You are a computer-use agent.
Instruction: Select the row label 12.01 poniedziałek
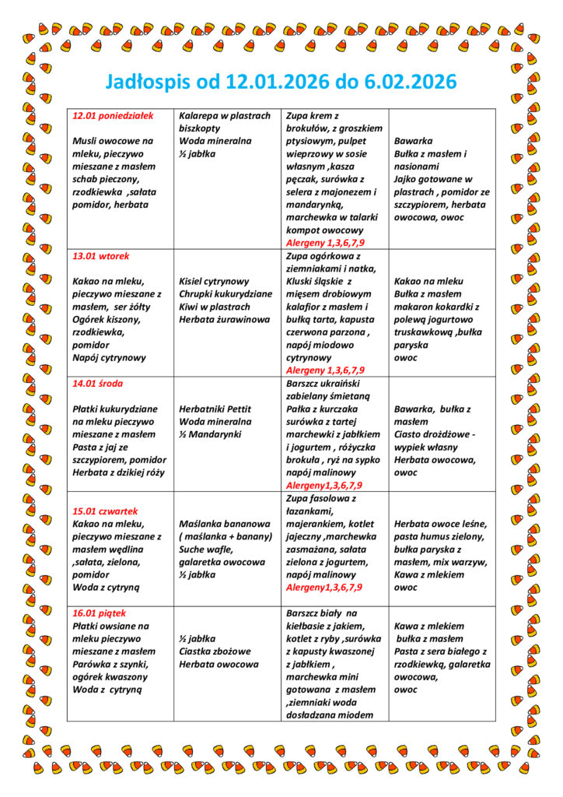[x=113, y=116]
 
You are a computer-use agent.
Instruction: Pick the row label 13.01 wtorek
[x=101, y=256]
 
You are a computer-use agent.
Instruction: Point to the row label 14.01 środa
[x=98, y=384]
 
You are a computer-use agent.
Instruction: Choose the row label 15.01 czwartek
[x=105, y=511]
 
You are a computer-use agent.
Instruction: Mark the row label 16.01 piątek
[x=100, y=613]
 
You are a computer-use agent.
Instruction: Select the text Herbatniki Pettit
[x=215, y=409]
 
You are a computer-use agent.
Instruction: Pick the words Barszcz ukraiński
[x=323, y=383]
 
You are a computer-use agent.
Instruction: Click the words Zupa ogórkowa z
[x=323, y=256]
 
